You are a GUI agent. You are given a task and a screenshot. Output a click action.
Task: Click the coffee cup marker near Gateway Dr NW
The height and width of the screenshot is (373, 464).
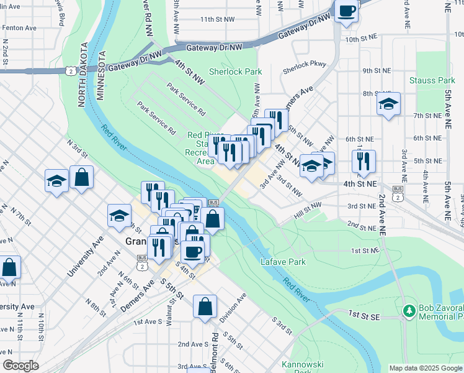tap(347, 11)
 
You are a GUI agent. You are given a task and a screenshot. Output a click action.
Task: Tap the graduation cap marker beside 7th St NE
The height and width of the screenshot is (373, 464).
tap(388, 104)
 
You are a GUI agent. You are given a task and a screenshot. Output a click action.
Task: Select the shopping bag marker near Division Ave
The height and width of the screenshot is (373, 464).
tap(205, 306)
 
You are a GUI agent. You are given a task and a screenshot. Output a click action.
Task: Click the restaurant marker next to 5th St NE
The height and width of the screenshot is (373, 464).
tap(364, 161)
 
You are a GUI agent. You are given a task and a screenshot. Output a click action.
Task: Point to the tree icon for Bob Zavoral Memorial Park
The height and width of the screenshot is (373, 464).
tap(408, 310)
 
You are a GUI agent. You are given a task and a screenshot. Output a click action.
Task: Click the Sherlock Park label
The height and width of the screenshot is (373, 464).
tap(235, 72)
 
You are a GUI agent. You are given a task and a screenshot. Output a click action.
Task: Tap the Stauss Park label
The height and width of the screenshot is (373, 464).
tap(432, 80)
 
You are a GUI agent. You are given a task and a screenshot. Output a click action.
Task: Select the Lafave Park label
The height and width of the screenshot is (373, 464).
tap(283, 262)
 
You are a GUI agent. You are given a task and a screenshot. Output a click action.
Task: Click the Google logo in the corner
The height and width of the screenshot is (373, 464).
tap(20, 366)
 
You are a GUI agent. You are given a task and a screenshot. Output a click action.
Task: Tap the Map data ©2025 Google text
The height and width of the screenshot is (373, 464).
tap(425, 368)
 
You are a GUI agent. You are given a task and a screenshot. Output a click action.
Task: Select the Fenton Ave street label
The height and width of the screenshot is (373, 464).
tap(19, 28)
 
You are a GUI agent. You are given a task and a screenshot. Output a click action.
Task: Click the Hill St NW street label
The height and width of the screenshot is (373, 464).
tap(308, 209)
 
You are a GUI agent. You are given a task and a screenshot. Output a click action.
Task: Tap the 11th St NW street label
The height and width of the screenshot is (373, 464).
tap(216, 19)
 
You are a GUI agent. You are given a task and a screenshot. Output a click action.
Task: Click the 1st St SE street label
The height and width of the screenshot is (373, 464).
tap(364, 316)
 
